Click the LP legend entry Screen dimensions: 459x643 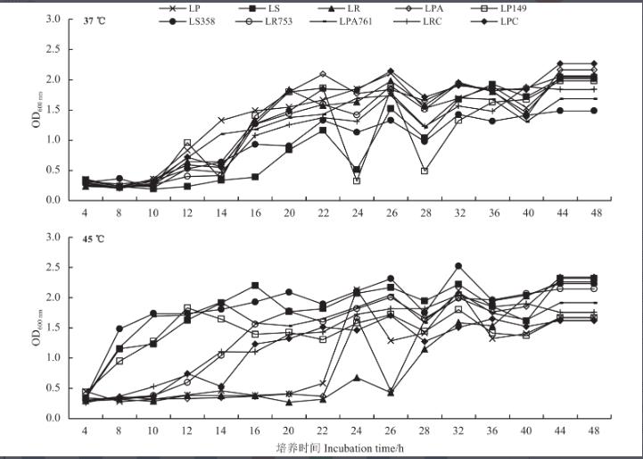[188, 8]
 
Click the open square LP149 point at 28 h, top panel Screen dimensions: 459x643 [425, 171]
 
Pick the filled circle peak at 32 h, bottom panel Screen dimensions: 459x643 [458, 266]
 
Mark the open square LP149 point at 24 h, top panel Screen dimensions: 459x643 [357, 180]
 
